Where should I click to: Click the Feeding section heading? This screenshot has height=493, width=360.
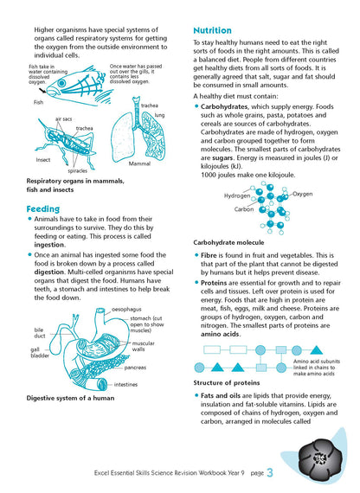pyautogui.click(x=43, y=208)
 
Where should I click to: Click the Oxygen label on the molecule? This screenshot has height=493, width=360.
pyautogui.click(x=302, y=194)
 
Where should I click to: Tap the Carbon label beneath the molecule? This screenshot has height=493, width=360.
pyautogui.click(x=244, y=209)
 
